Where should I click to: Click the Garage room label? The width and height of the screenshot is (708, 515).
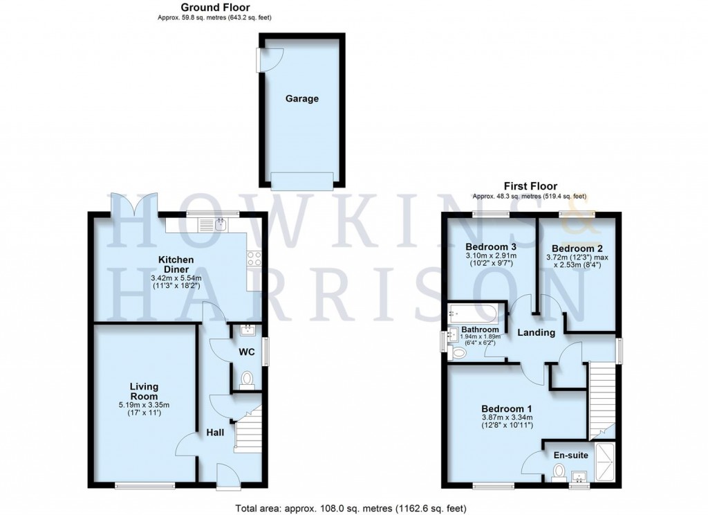[302, 98]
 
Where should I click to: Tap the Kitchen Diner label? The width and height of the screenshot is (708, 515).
[176, 264]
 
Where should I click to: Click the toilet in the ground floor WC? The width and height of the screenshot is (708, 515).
[247, 379]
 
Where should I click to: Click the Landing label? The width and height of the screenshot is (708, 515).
[537, 332]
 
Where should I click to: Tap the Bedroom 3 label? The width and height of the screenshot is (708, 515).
[491, 247]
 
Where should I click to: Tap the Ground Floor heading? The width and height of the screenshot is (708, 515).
[215, 7]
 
